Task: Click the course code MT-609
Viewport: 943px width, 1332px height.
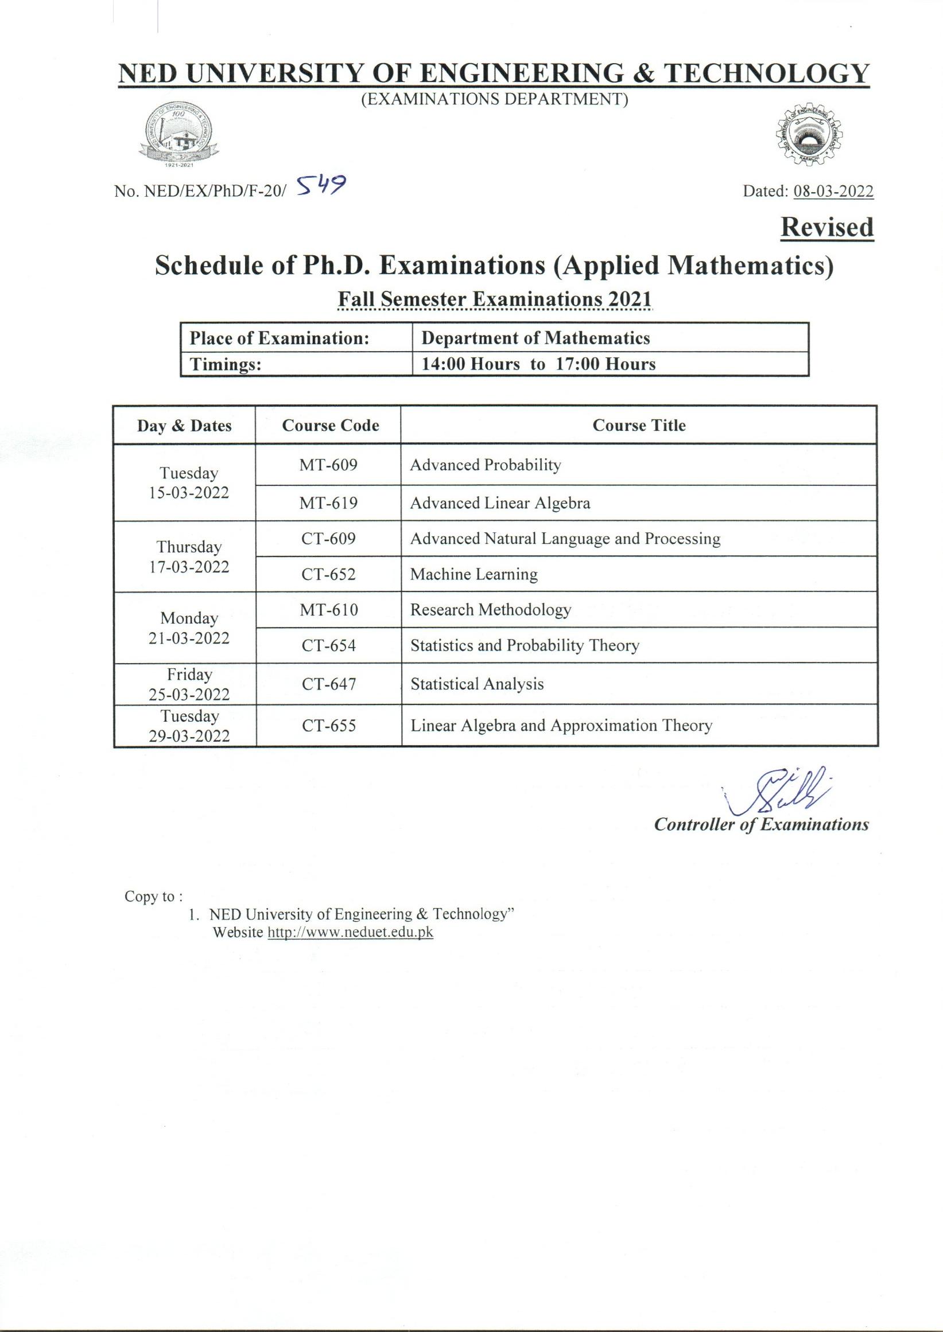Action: coord(328,465)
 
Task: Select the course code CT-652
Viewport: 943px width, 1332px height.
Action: coord(328,575)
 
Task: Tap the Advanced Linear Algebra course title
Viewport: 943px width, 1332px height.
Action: coord(500,503)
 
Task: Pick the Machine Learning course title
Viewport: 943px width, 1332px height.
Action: coord(474,575)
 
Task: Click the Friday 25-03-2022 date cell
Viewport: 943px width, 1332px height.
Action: coord(189,684)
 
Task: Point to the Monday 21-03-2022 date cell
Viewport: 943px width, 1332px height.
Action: coord(189,628)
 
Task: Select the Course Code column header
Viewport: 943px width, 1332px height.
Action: coord(330,426)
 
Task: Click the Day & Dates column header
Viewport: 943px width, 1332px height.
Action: coord(184,426)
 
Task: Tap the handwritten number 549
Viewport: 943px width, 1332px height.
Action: coord(320,186)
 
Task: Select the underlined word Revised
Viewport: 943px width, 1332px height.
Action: coord(827,228)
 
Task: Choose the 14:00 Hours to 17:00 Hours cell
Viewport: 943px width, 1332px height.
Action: coord(538,364)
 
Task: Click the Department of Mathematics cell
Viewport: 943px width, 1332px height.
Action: coord(535,338)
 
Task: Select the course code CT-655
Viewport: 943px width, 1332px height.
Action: coord(328,726)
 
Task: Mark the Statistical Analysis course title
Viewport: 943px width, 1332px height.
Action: coord(477,684)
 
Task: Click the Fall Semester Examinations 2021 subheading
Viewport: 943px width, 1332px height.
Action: coord(495,299)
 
